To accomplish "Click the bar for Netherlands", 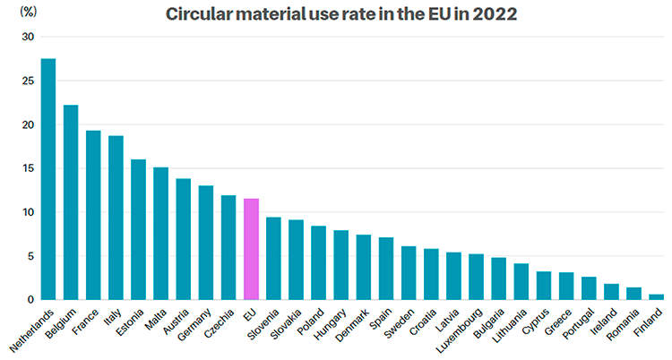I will (x=48, y=179).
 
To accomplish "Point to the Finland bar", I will (x=657, y=296).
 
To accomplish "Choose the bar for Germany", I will (x=206, y=243).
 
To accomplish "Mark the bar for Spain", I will (x=386, y=269).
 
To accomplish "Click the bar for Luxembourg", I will (x=477, y=277).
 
